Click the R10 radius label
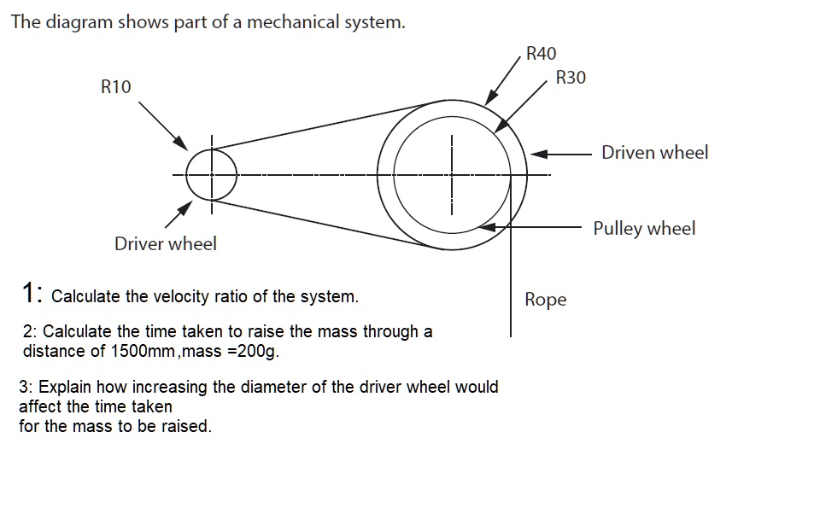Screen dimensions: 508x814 click(x=116, y=86)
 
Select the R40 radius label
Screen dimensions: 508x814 click(x=542, y=54)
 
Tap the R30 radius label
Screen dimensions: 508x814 click(x=571, y=78)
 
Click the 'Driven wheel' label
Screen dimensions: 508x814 click(x=654, y=153)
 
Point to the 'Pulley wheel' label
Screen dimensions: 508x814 click(x=644, y=229)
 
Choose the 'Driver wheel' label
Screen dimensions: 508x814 click(x=166, y=244)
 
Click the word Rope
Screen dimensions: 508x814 click(x=545, y=300)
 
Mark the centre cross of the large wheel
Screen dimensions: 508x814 click(x=453, y=176)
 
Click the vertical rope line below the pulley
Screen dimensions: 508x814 click(x=511, y=290)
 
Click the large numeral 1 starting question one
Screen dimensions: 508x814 click(x=29, y=294)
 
